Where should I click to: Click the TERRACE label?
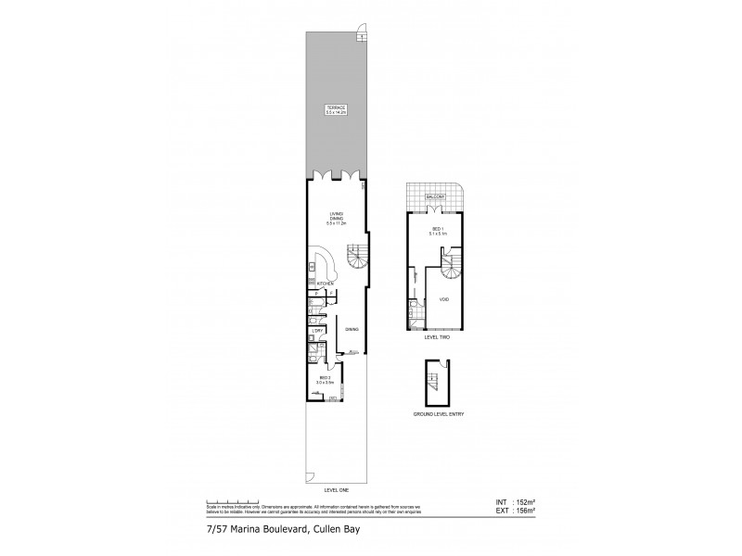pos(335,108)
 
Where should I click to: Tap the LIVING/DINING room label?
pos(335,220)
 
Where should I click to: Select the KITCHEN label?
pos(324,284)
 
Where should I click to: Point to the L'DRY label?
pos(317,330)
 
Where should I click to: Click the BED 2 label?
pos(325,379)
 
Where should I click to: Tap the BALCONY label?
pos(436,198)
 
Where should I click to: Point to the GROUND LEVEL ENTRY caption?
pos(439,413)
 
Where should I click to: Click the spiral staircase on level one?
pos(356,256)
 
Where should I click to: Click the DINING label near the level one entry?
pos(352,329)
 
